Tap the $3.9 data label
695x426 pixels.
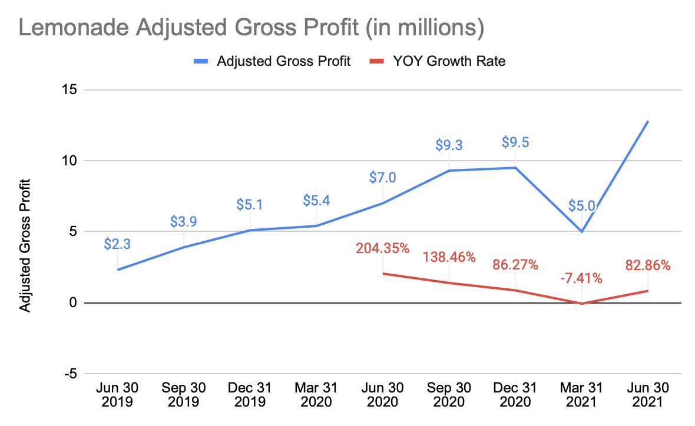point(183,221)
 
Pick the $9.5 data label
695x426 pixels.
point(515,142)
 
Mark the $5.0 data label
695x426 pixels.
point(581,205)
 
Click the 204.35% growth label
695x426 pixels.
point(382,248)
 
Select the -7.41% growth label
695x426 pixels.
point(581,277)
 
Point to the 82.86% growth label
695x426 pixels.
point(648,265)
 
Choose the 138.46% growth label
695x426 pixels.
point(449,257)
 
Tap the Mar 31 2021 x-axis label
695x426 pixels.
point(581,395)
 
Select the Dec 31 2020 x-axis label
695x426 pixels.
point(515,395)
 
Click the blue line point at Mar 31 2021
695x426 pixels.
point(582,232)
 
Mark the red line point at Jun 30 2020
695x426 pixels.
point(383,274)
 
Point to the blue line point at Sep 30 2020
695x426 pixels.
point(449,171)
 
